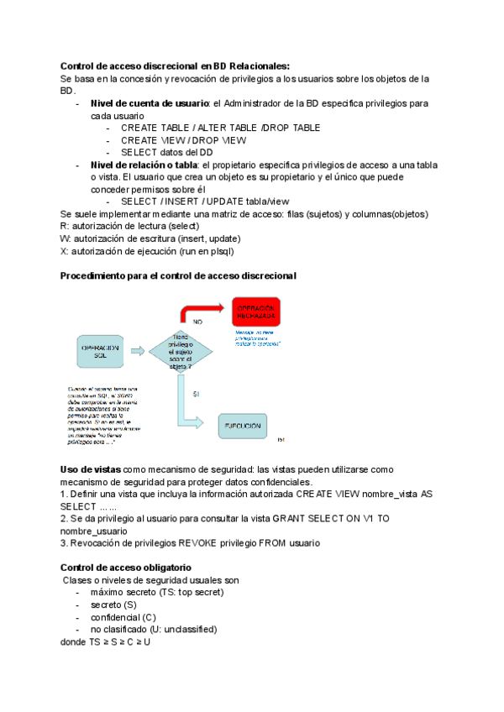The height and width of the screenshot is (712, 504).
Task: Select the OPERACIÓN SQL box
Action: coord(100,353)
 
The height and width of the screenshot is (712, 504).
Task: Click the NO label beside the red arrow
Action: coord(197,322)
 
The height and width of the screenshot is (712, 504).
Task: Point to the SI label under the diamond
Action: coord(195,394)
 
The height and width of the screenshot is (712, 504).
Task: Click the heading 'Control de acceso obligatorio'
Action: coord(126,568)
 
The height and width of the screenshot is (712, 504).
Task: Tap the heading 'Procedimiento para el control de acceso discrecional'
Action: coord(178,276)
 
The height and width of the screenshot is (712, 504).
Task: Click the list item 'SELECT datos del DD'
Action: coord(166,153)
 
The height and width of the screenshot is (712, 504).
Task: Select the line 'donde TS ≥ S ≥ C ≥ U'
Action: coord(106,641)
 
